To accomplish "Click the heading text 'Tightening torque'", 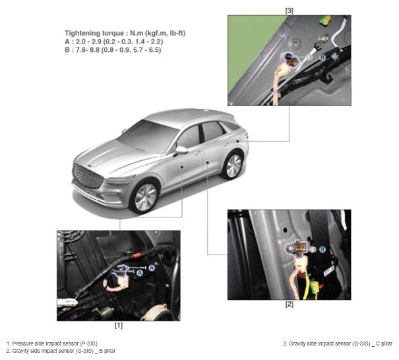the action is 92,34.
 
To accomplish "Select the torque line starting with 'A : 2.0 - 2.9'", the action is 114,42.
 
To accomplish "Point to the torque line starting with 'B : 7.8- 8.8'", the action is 113,50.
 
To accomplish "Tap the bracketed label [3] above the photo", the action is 289,11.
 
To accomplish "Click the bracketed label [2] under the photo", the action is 289,304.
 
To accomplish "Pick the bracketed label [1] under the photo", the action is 119,326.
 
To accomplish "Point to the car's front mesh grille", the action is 88,176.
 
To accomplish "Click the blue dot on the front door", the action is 182,167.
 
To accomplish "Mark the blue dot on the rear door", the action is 208,163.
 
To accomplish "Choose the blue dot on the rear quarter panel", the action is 237,141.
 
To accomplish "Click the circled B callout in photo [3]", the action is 322,57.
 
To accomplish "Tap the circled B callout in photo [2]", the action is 322,249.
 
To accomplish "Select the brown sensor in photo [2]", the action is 295,248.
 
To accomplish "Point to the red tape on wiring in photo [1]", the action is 137,255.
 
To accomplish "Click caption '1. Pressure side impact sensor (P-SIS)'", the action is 52,344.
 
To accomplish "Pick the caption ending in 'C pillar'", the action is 338,344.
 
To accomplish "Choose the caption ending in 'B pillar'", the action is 61,351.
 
